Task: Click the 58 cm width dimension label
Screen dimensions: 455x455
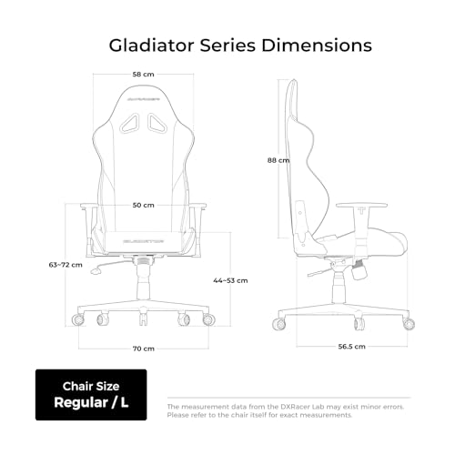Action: [143, 75]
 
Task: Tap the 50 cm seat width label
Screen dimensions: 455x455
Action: [143, 206]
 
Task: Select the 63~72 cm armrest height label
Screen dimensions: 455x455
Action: [66, 265]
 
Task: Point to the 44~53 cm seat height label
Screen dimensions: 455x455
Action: [230, 280]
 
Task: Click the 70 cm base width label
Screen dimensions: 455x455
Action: [144, 349]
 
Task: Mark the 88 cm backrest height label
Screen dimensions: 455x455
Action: [278, 160]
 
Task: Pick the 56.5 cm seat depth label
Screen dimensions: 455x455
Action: [352, 347]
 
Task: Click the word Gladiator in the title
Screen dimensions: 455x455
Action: [151, 45]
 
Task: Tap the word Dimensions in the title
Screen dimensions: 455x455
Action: [317, 45]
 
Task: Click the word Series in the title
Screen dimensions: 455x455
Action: [227, 45]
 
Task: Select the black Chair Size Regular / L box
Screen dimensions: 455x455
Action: [91, 395]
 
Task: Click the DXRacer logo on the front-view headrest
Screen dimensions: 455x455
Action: [143, 99]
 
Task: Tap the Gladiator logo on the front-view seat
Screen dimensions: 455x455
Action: [143, 241]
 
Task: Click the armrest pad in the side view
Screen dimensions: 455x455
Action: [361, 205]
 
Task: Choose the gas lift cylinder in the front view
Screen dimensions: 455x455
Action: [143, 282]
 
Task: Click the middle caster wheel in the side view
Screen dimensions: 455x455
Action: [359, 324]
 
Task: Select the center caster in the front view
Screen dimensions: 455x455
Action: [143, 319]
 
